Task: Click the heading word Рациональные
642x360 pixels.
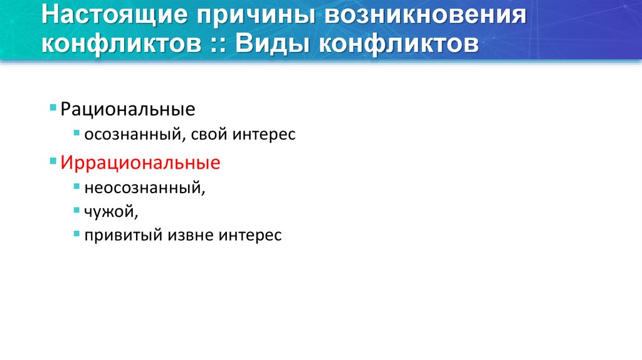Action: tap(128, 110)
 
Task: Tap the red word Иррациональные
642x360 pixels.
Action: tap(140, 164)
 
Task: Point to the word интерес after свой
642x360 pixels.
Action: tap(264, 134)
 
